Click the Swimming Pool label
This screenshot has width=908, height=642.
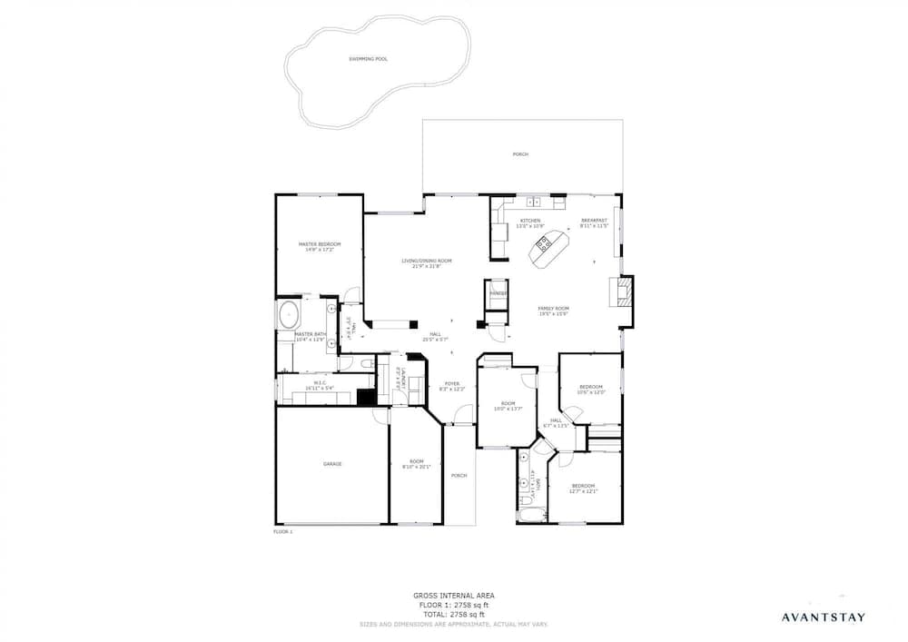(368, 59)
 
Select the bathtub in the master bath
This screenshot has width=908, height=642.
(290, 314)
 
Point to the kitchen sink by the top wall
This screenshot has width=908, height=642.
(536, 202)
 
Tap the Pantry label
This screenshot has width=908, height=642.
(497, 294)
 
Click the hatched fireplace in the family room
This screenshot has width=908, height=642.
(623, 292)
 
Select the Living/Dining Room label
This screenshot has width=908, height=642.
(427, 263)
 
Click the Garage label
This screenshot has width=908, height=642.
(332, 464)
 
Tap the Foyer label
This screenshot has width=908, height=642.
(451, 385)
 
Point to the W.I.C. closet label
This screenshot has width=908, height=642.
(320, 384)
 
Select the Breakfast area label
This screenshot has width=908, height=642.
(594, 222)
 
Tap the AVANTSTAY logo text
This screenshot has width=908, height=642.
(824, 617)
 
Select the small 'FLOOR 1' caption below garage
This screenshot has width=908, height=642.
(283, 532)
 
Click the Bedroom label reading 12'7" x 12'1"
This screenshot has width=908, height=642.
(583, 488)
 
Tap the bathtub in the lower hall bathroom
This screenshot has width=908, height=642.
(531, 515)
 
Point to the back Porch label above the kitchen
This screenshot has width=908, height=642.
(520, 154)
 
